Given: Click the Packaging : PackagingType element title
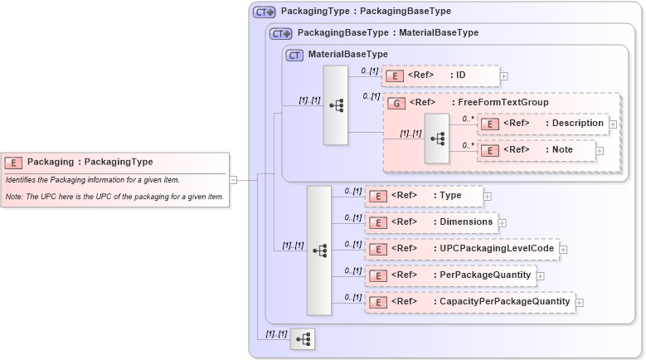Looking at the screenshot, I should [x=90, y=162].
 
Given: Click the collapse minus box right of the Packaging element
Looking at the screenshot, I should [x=234, y=178].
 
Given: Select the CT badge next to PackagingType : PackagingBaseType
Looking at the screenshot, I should [x=265, y=12].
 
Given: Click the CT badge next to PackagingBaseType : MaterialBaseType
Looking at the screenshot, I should [x=281, y=33].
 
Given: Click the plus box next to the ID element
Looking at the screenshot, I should [x=504, y=75].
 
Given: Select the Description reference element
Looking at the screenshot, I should [x=543, y=123].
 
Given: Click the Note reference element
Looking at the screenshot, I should [x=537, y=150].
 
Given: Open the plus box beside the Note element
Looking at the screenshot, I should [x=600, y=150].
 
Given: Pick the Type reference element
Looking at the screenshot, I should [x=424, y=196].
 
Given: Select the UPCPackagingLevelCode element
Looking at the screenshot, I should [x=461, y=248].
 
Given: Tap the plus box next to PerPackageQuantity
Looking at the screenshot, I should [x=540, y=275].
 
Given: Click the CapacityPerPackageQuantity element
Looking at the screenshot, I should [x=469, y=302].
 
